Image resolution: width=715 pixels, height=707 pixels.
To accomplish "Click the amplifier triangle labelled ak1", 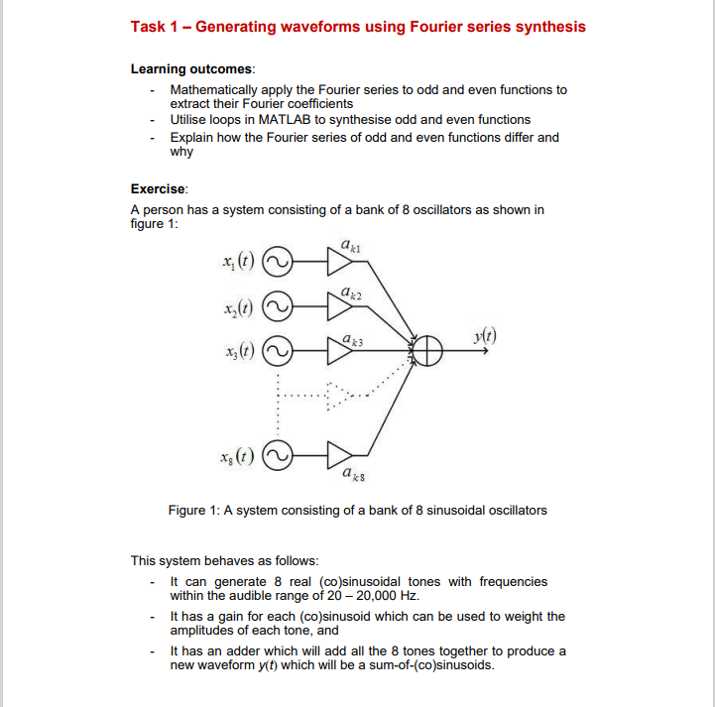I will click(x=339, y=262).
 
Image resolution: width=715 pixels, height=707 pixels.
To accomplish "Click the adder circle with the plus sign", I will click(x=427, y=350).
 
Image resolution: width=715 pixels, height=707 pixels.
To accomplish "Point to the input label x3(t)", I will click(x=238, y=351).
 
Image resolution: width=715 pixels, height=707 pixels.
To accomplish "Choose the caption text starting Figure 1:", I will click(x=357, y=510).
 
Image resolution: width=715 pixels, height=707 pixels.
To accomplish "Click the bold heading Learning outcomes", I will click(x=192, y=68).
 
